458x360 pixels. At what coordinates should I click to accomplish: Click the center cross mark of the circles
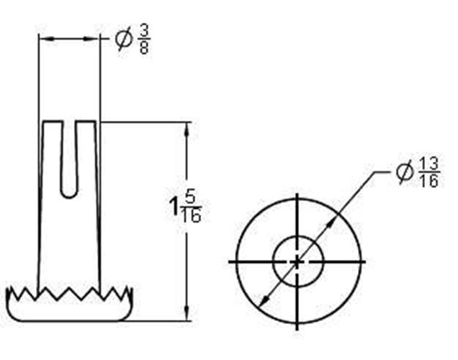click(297, 261)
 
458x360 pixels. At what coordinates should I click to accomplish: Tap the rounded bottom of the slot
click(68, 192)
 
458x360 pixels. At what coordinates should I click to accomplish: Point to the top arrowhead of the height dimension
click(188, 127)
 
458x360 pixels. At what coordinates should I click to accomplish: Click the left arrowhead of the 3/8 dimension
click(43, 38)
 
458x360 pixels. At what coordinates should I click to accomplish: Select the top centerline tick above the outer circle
click(297, 201)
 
